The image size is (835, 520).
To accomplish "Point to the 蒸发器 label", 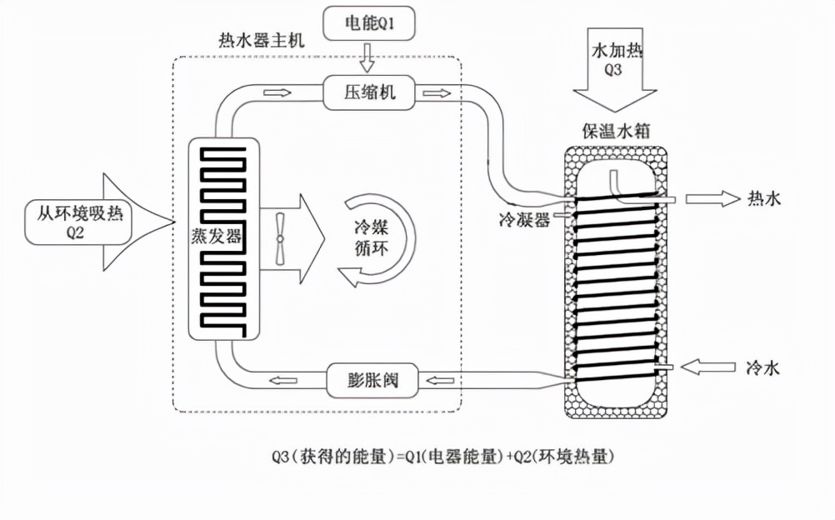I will click(x=222, y=236).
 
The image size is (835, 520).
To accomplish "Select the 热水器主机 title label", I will click(x=255, y=40).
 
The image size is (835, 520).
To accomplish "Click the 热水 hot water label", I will click(x=763, y=198).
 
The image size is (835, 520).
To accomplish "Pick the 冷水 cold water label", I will click(x=763, y=367).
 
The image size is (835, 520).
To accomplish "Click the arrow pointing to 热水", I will click(x=710, y=198).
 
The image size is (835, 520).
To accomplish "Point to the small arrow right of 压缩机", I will click(x=434, y=92).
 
